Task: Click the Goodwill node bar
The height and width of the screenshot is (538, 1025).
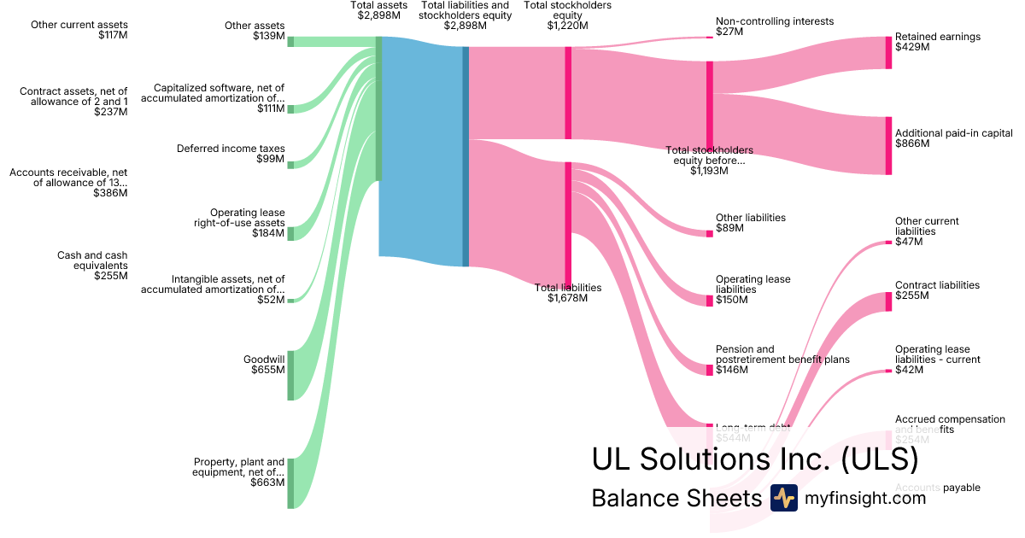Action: coord(290,375)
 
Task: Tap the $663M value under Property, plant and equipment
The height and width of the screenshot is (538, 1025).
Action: coord(267,482)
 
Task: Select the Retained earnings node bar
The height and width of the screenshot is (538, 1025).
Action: coord(888,53)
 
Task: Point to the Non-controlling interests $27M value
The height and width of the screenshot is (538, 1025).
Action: coord(729,32)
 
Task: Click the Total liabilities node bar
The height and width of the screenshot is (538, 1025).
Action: coord(568,226)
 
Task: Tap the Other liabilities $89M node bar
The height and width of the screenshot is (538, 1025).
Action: coord(709,233)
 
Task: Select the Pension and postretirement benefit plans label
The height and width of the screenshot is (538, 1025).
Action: coord(782,354)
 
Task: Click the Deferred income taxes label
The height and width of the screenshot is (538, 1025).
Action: coord(231,149)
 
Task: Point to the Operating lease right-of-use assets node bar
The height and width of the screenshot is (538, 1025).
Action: coord(290,233)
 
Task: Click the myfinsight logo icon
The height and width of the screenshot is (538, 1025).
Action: coord(783,498)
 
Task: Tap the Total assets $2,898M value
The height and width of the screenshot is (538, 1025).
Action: coord(379,16)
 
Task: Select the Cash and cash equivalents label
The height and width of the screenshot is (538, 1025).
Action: coord(92,260)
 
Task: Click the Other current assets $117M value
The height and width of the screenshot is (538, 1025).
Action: coord(111,36)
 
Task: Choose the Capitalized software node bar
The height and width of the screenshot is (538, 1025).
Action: coord(290,108)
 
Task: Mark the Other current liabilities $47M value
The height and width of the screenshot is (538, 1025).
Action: coord(909,242)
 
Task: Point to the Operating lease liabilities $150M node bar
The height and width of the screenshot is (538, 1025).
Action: coord(709,301)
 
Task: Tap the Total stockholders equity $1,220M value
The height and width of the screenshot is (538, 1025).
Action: coord(567,26)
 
